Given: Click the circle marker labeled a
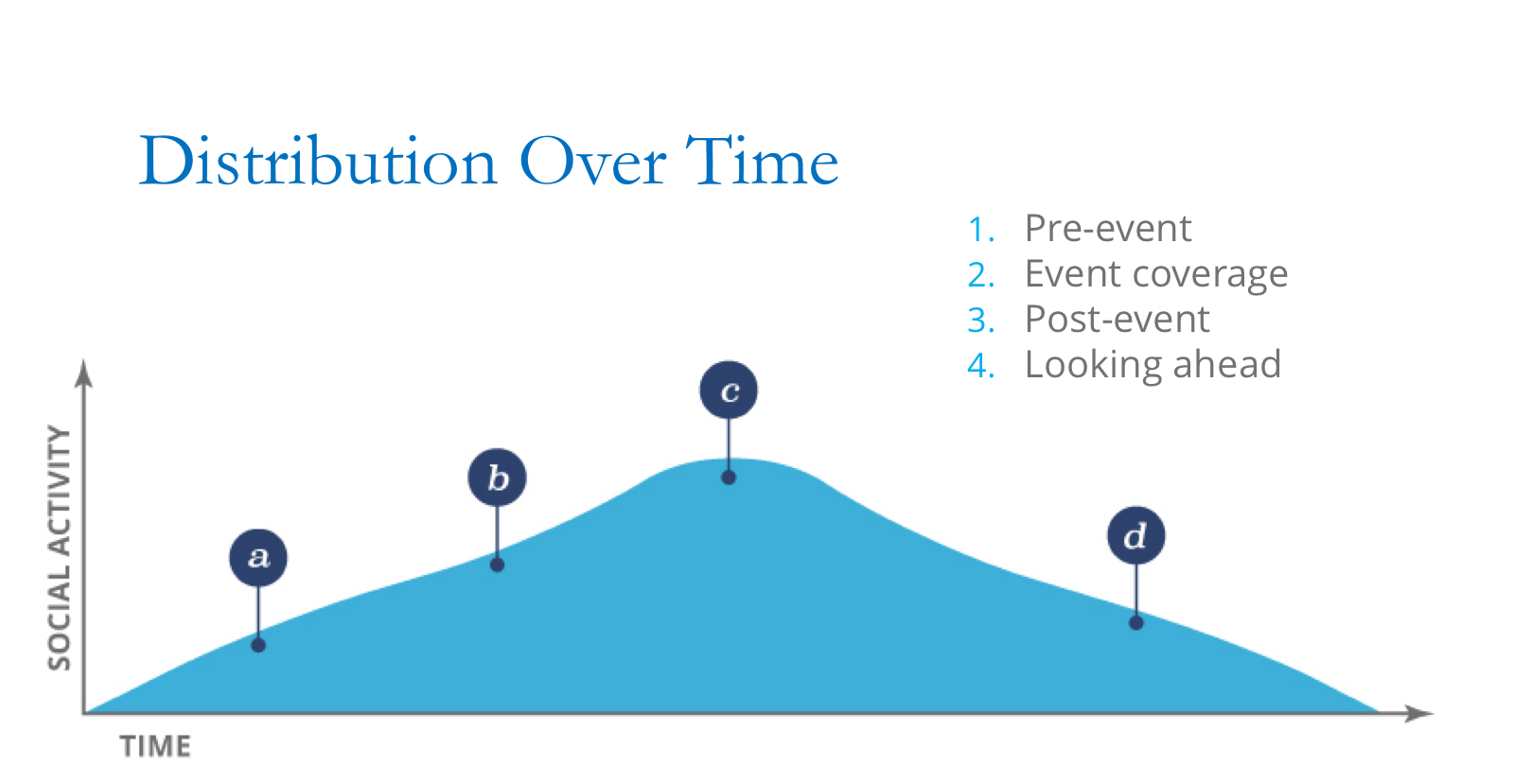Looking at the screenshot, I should click(258, 558).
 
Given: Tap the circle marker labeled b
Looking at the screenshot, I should click(497, 478).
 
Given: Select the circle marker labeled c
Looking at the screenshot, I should click(729, 390).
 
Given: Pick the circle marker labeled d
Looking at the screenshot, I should click(1135, 535).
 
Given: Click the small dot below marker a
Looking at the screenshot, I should click(258, 645).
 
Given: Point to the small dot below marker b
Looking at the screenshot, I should click(497, 565).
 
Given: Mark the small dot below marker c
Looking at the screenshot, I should click(729, 478).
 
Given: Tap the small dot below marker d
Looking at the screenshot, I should click(1135, 622).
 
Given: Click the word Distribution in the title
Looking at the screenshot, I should click(318, 161).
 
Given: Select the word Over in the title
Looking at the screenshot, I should click(592, 161).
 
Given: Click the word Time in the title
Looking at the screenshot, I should click(762, 161).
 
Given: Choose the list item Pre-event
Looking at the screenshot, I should click(1107, 229).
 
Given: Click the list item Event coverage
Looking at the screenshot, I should click(1155, 274).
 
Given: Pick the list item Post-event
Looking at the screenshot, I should click(1117, 320).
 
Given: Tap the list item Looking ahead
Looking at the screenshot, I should click(1153, 365).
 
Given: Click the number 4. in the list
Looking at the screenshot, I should click(980, 366).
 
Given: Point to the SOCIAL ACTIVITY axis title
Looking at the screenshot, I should click(59, 548).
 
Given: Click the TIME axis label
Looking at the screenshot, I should click(155, 747).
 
